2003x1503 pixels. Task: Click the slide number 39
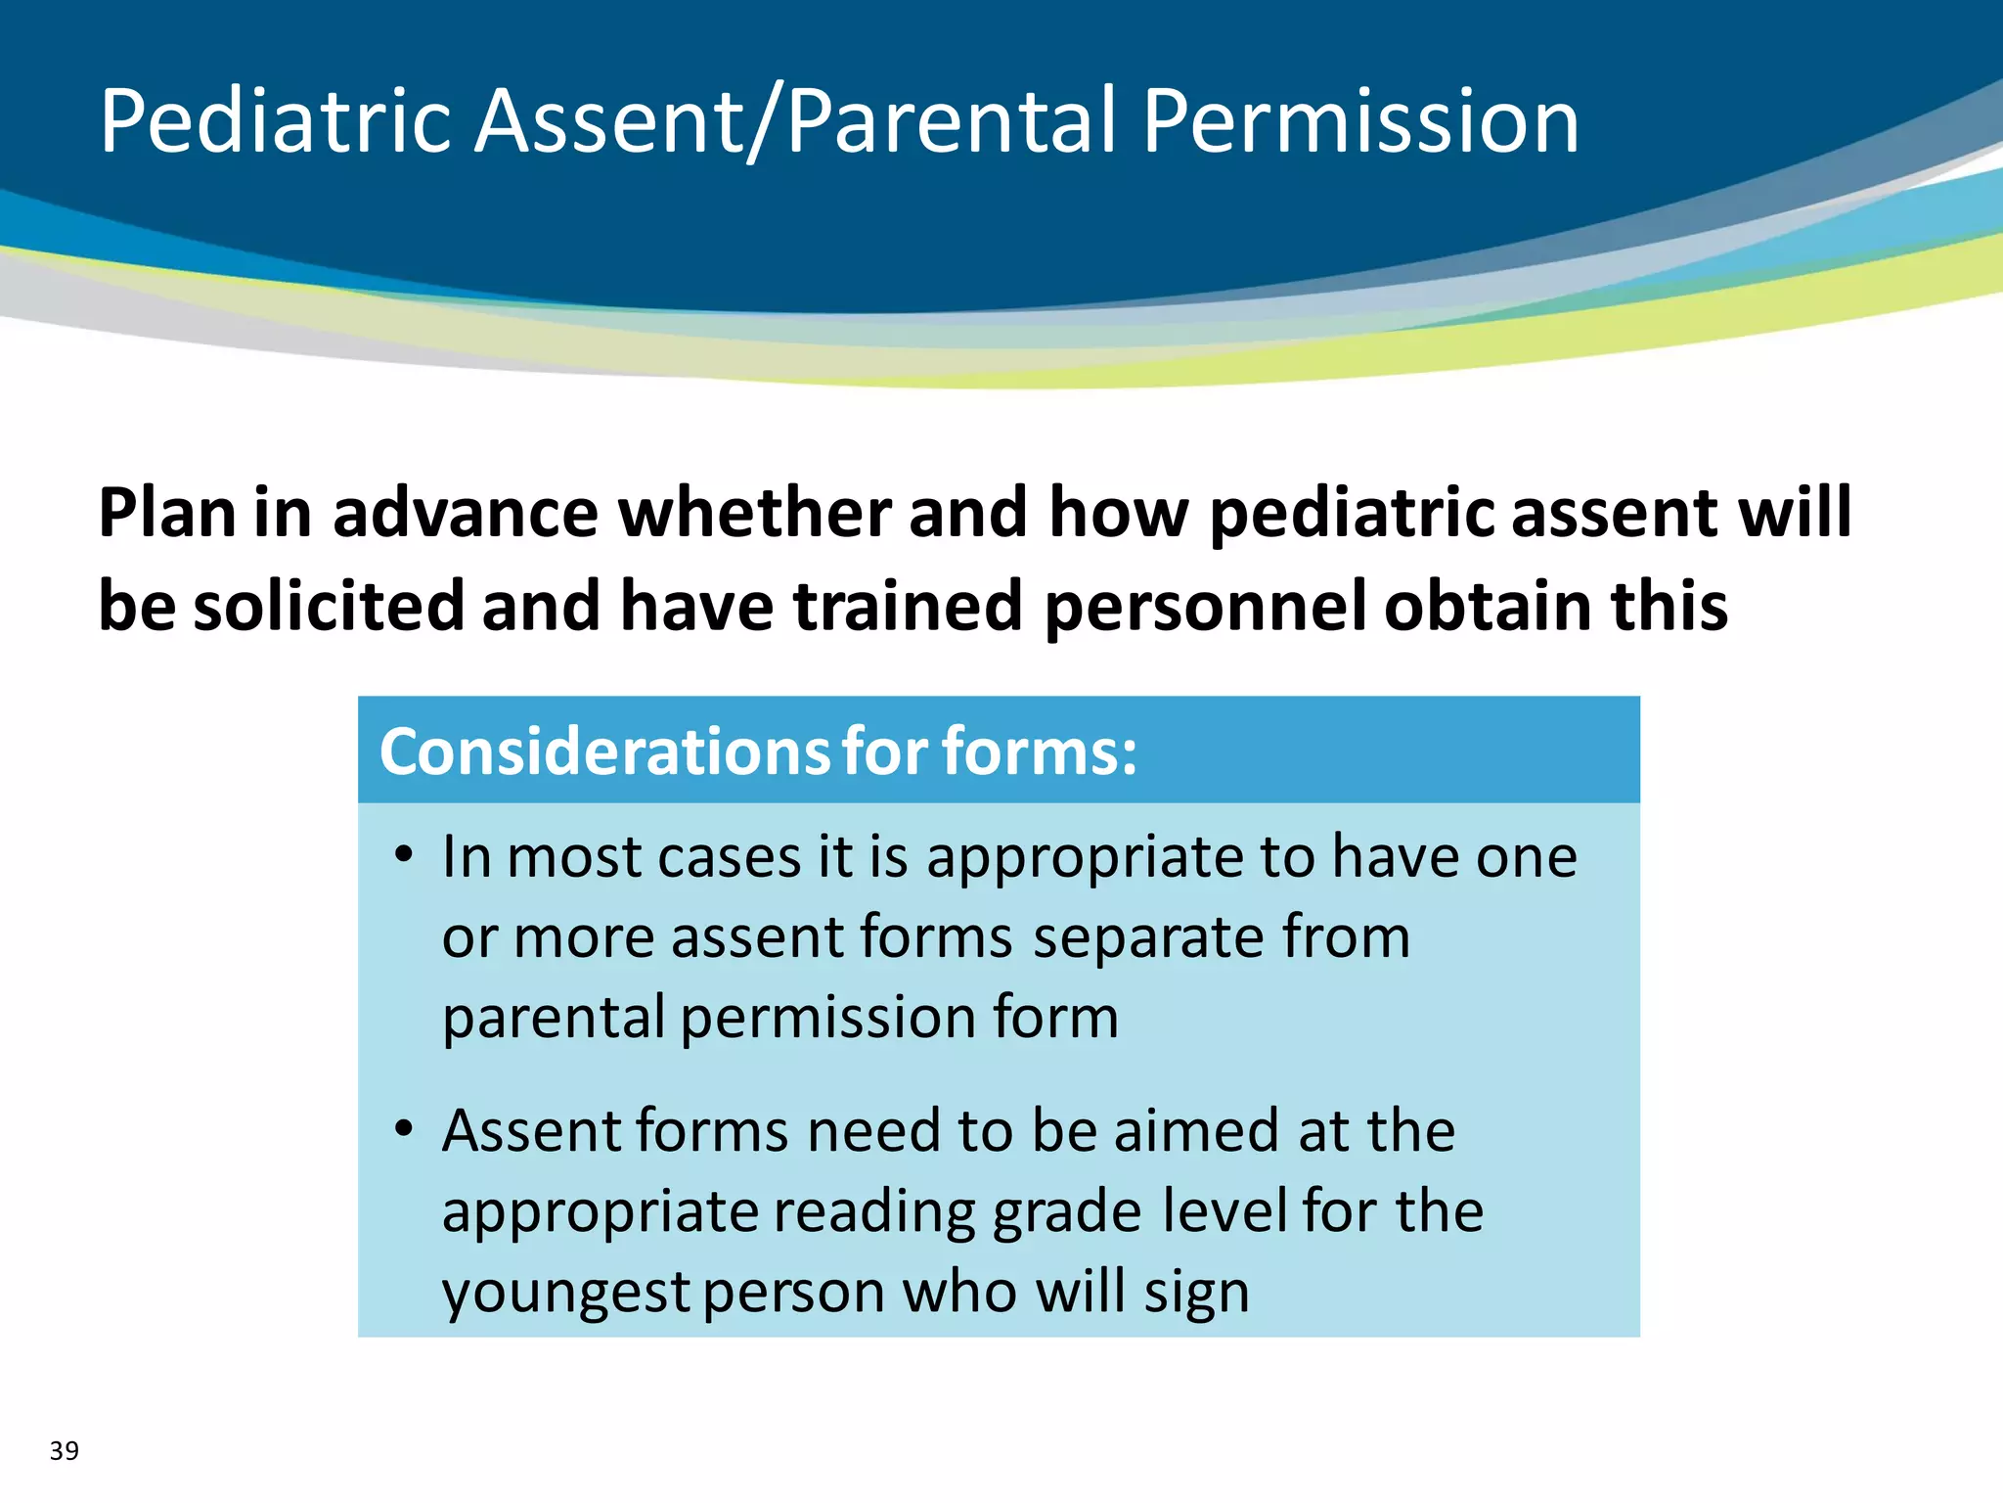tap(65, 1450)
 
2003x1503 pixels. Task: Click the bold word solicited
tap(328, 606)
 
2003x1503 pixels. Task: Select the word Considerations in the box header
tap(603, 751)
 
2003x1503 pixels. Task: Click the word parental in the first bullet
tap(554, 1017)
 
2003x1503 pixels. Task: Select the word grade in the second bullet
tap(1067, 1211)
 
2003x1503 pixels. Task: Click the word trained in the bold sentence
tap(908, 606)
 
